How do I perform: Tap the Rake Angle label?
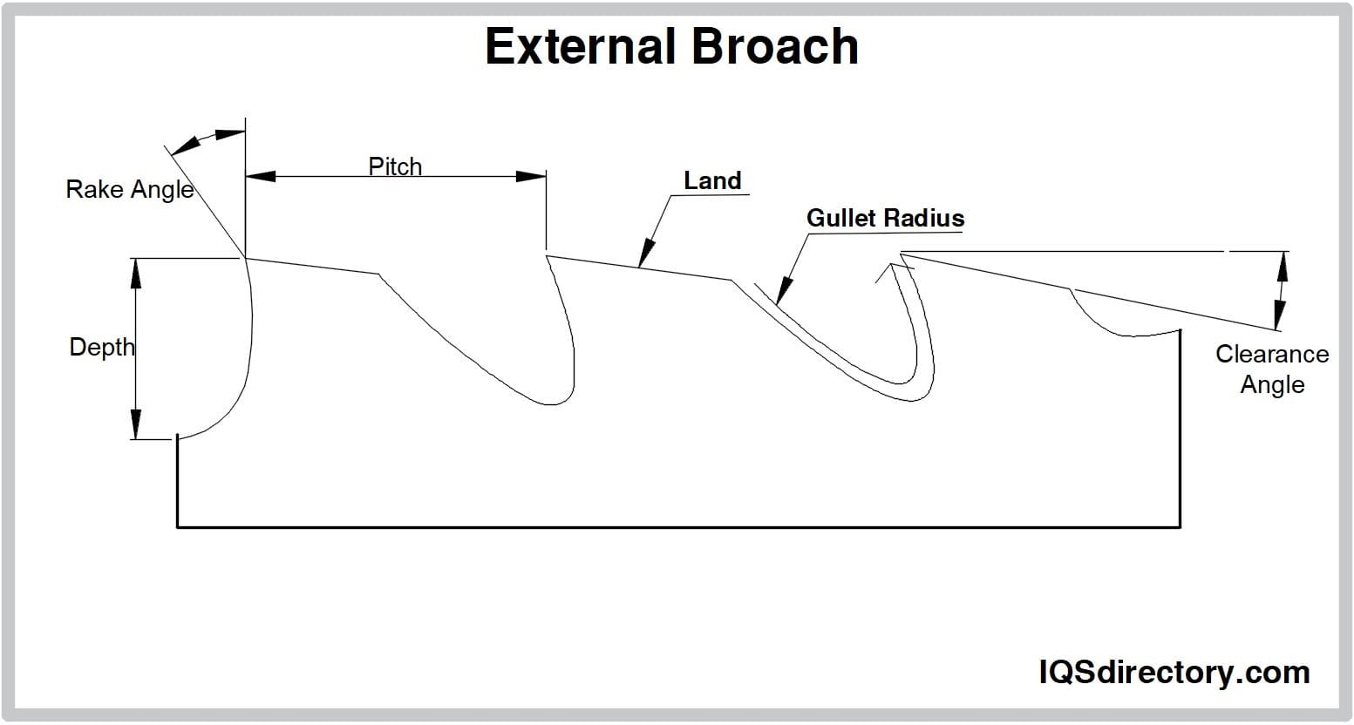129,189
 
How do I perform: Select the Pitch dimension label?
395,166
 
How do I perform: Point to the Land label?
711,180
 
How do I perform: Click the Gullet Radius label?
885,218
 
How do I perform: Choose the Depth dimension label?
102,347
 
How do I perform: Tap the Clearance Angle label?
1272,369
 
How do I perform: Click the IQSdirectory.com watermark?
1174,672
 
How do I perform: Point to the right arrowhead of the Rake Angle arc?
230,134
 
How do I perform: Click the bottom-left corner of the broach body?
178,527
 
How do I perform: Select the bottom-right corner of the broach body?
1180,527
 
